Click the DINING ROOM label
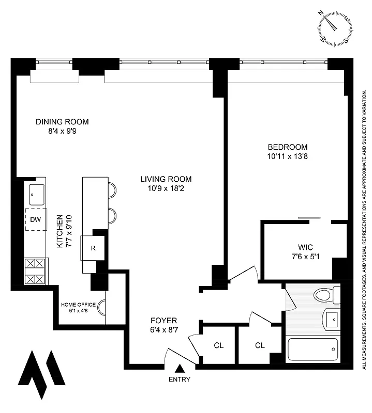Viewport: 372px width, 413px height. point(62,122)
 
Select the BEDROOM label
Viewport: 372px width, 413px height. point(288,147)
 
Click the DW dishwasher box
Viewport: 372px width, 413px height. point(36,220)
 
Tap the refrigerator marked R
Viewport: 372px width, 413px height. point(93,248)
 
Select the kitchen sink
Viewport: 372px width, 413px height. point(36,195)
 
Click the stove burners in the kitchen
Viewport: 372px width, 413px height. point(36,271)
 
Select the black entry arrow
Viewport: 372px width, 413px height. point(180,369)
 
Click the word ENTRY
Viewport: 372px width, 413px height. point(180,379)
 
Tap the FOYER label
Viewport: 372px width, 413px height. point(164,320)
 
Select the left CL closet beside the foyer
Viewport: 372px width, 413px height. point(218,345)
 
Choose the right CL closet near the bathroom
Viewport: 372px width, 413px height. point(260,345)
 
